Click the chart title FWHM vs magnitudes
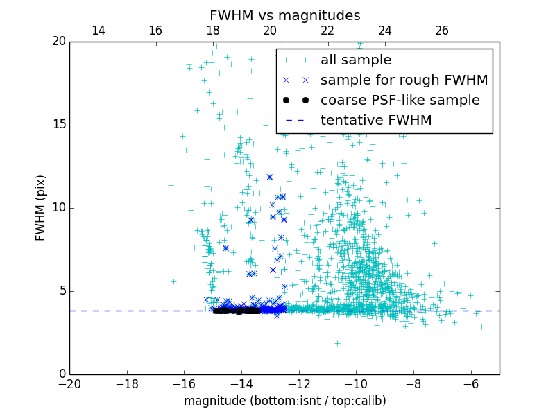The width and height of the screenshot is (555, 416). pos(284,15)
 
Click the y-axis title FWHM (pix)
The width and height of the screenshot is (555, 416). pos(41,208)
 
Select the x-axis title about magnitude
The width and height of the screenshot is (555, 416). pos(284,401)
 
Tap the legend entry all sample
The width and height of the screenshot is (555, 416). pos(355,60)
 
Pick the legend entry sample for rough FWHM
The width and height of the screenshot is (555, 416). pos(404,80)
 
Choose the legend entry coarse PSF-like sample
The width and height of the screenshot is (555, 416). pos(400,101)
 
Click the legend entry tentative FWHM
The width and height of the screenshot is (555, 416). pos(375,121)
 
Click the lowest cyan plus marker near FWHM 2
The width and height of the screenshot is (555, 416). pos(337,343)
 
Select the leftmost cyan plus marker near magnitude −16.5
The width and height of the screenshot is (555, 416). pos(171,185)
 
